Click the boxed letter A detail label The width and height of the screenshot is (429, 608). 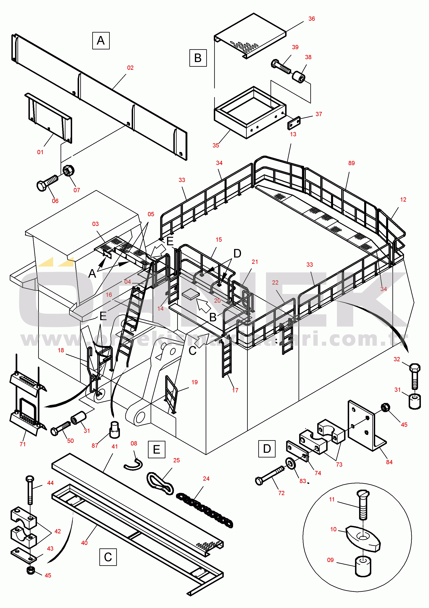pyautogui.click(x=101, y=41)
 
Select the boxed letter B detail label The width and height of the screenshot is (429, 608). pyautogui.click(x=198, y=58)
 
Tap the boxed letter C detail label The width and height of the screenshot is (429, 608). pyautogui.click(x=108, y=557)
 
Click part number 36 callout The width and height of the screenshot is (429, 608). pyautogui.click(x=312, y=19)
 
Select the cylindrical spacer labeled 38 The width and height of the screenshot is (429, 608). pyautogui.click(x=299, y=77)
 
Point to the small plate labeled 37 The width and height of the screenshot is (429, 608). pyautogui.click(x=294, y=123)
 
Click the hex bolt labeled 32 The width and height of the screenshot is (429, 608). pyautogui.click(x=414, y=376)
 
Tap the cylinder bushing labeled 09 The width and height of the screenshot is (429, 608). pyautogui.click(x=363, y=567)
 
